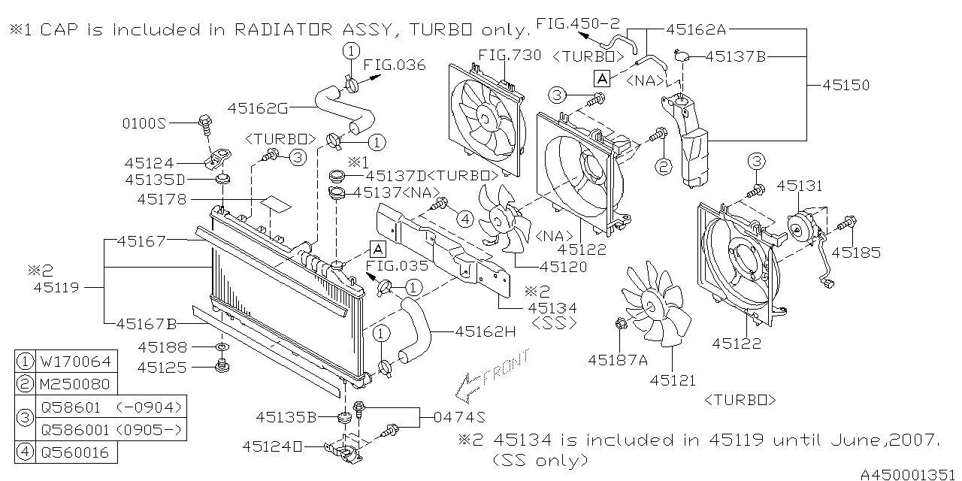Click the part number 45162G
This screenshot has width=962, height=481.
[x=258, y=108]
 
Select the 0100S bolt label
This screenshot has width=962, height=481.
[x=144, y=124]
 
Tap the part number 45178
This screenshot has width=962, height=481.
[x=162, y=199]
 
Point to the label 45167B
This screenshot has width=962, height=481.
[x=147, y=324]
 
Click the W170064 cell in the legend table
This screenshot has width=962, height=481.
[x=76, y=362]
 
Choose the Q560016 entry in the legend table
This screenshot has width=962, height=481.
[x=76, y=452]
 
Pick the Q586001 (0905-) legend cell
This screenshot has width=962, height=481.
[x=111, y=429]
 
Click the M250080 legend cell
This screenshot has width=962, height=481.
[x=76, y=384]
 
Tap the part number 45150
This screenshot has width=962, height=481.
[x=846, y=85]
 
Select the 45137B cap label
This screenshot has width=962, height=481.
[x=736, y=56]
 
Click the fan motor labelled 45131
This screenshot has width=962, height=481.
[x=801, y=228]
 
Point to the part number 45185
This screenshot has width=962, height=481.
[x=856, y=253]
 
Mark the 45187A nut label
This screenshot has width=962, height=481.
[x=618, y=360]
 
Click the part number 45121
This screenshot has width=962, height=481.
[x=673, y=380]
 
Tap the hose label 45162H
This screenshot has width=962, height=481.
[x=486, y=331]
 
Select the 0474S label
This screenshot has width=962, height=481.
[x=459, y=417]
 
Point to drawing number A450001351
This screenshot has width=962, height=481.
[x=910, y=474]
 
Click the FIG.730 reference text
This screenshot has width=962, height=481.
[x=510, y=55]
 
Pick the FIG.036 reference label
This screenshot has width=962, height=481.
[x=395, y=65]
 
